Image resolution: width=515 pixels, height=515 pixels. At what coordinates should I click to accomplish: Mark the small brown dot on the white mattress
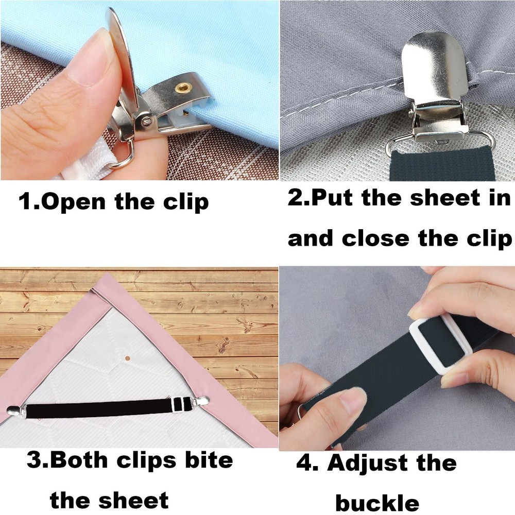(x=127, y=357)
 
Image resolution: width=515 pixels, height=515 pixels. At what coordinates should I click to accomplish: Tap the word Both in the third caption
(x=81, y=460)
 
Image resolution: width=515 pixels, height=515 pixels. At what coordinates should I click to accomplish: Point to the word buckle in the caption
(x=376, y=501)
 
